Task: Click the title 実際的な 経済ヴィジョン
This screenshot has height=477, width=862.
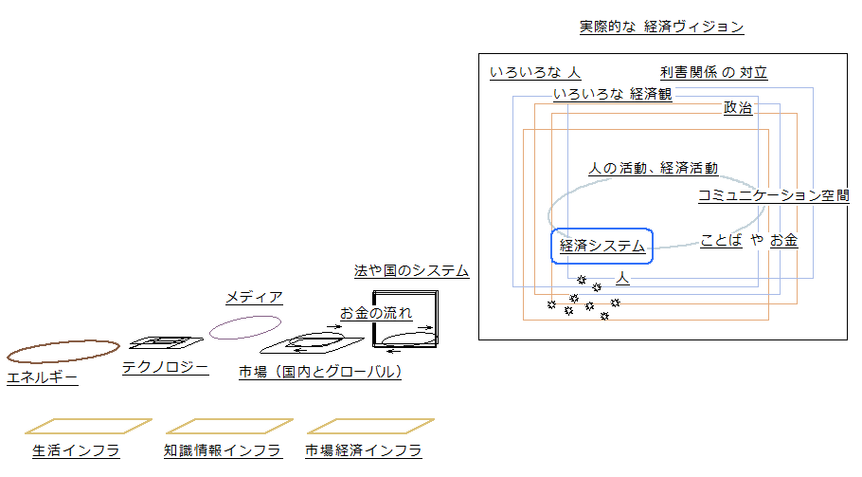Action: (x=661, y=27)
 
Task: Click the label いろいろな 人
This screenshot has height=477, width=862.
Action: (x=535, y=73)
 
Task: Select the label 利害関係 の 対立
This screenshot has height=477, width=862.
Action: (x=713, y=73)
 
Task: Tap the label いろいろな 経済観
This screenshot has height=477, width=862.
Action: (x=612, y=95)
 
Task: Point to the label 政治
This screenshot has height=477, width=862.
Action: (x=738, y=109)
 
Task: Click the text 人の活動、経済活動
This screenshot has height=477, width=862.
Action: (x=653, y=168)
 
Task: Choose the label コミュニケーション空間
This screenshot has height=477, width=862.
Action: (x=773, y=196)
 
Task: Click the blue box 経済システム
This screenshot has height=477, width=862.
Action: (x=602, y=246)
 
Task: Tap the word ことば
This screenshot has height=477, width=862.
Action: (x=721, y=241)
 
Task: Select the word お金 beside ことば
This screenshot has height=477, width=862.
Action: (x=783, y=241)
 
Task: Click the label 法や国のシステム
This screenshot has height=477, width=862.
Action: (x=411, y=271)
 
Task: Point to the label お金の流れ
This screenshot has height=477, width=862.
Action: (x=376, y=312)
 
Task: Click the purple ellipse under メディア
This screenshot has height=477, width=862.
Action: (x=245, y=327)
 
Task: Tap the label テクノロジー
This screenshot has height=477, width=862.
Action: (x=165, y=368)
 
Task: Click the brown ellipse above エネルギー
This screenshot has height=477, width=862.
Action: (x=63, y=352)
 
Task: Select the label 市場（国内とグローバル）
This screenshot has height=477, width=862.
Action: (x=320, y=372)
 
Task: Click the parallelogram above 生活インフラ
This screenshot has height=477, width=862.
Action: (x=88, y=426)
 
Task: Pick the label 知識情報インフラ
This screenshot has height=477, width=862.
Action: (x=223, y=451)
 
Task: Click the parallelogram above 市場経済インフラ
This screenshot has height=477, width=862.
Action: (x=370, y=426)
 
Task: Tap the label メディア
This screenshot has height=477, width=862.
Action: (x=254, y=298)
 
